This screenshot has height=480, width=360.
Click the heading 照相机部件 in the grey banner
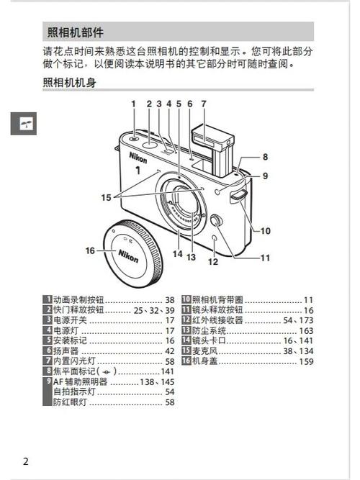(x=75, y=32)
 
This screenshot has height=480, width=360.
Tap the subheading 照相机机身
(x=69, y=83)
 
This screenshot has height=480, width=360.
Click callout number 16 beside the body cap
(x=90, y=250)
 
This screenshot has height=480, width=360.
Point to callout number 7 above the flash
(x=204, y=104)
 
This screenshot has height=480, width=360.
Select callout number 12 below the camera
(x=212, y=262)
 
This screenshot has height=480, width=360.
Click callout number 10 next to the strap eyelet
(x=265, y=231)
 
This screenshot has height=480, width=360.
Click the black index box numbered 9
(x=48, y=381)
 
